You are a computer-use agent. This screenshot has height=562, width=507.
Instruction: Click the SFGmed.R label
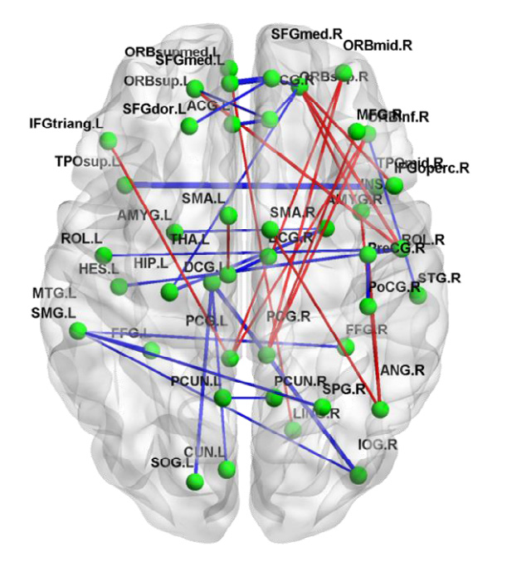(x=307, y=34)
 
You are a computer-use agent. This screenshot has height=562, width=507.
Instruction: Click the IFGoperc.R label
(x=434, y=169)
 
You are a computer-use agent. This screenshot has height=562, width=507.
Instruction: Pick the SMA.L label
(x=203, y=199)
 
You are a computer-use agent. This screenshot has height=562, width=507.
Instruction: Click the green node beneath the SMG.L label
(x=78, y=331)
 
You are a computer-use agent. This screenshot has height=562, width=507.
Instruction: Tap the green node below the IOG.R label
(x=358, y=475)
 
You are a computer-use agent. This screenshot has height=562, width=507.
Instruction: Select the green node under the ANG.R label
(x=381, y=409)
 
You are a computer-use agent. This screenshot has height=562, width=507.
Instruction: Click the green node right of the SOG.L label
(x=197, y=480)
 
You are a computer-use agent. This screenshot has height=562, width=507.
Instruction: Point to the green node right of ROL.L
(x=103, y=254)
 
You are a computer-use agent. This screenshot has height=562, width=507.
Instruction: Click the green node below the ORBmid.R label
(x=343, y=72)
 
